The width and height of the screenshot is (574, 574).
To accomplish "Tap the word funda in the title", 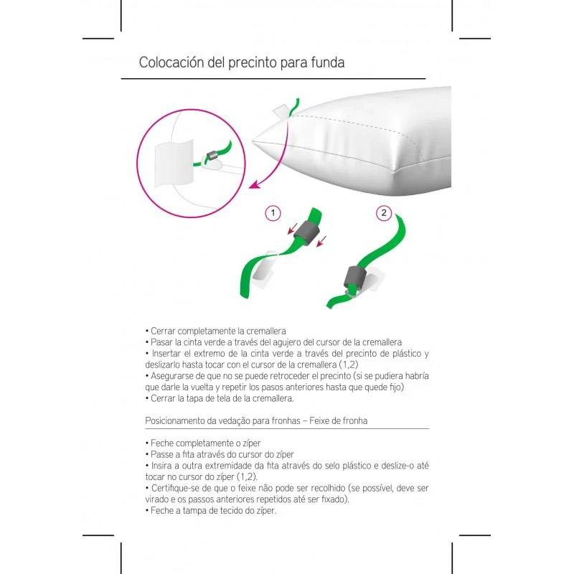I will click(327, 62).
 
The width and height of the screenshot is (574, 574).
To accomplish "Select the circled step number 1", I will click(272, 213).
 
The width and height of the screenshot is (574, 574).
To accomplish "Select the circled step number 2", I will click(385, 213).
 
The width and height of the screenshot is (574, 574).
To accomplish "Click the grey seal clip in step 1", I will click(308, 233).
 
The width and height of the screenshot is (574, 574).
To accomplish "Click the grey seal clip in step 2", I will click(355, 276).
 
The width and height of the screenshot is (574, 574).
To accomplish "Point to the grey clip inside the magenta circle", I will click(212, 156).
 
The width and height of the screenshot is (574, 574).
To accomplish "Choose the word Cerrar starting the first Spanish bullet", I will click(162, 331).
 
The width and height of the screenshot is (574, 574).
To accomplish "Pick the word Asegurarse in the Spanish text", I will click(174, 376).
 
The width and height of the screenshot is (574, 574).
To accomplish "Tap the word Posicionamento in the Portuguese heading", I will click(177, 420).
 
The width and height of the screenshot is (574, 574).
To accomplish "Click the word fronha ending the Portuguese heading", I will click(354, 420).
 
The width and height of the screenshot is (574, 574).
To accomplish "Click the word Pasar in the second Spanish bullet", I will click(161, 343).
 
